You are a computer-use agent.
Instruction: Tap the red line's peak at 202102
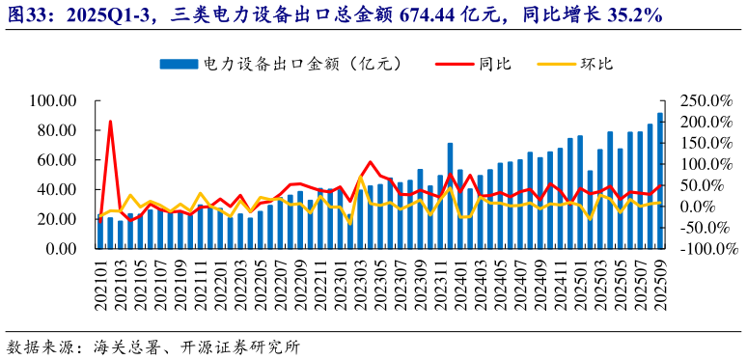tap(110, 122)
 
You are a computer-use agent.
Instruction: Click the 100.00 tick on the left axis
tap(53, 100)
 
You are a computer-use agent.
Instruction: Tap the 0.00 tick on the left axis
tap(61, 248)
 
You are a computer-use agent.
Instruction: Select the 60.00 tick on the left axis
tap(57, 159)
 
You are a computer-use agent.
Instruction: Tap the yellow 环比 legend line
tap(555, 65)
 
